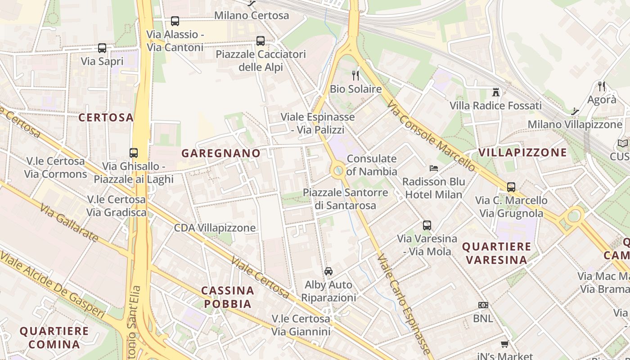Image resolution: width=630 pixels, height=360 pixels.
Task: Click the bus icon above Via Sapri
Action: tap(102, 48)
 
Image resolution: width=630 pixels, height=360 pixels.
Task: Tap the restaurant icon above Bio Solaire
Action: tap(355, 76)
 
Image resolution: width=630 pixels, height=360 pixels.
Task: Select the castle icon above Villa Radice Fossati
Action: tap(495, 92)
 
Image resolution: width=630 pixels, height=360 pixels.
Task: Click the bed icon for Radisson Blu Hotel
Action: tap(434, 168)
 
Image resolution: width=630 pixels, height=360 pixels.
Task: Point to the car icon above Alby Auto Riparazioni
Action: tap(328, 271)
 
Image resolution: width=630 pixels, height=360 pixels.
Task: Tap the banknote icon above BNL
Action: tap(483, 305)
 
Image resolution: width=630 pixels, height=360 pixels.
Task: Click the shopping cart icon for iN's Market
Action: tap(504, 344)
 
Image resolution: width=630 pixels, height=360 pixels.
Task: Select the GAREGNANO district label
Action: tap(221, 153)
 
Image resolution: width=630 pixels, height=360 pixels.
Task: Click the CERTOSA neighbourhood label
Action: tap(106, 117)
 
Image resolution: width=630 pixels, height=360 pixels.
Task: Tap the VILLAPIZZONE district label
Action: tap(522, 152)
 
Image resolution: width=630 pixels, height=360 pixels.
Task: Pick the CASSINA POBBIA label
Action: tap(228, 297)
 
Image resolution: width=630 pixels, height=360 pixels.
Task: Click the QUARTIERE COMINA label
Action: tap(54, 337)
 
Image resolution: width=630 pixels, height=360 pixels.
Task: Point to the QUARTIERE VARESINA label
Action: tap(497, 253)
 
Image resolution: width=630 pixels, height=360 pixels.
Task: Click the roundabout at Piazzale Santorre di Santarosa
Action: tap(337, 171)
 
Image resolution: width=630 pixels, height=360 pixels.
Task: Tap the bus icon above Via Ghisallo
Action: tap(134, 153)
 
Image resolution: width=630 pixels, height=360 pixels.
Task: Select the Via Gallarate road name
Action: tap(68, 223)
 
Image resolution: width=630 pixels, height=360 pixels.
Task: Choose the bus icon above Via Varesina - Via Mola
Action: tap(427, 225)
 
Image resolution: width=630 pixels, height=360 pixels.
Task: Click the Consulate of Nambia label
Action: tap(372, 165)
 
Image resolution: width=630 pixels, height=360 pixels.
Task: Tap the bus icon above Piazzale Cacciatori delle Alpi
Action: tap(261, 41)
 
